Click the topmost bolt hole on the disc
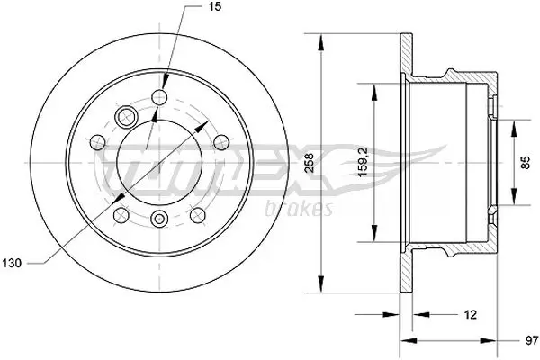(x=162, y=97)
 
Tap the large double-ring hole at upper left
(x=126, y=116)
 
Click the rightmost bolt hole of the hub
(x=220, y=140)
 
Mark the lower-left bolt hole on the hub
(x=121, y=213)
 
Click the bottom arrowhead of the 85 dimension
(x=514, y=202)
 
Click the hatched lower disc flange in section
(x=408, y=274)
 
